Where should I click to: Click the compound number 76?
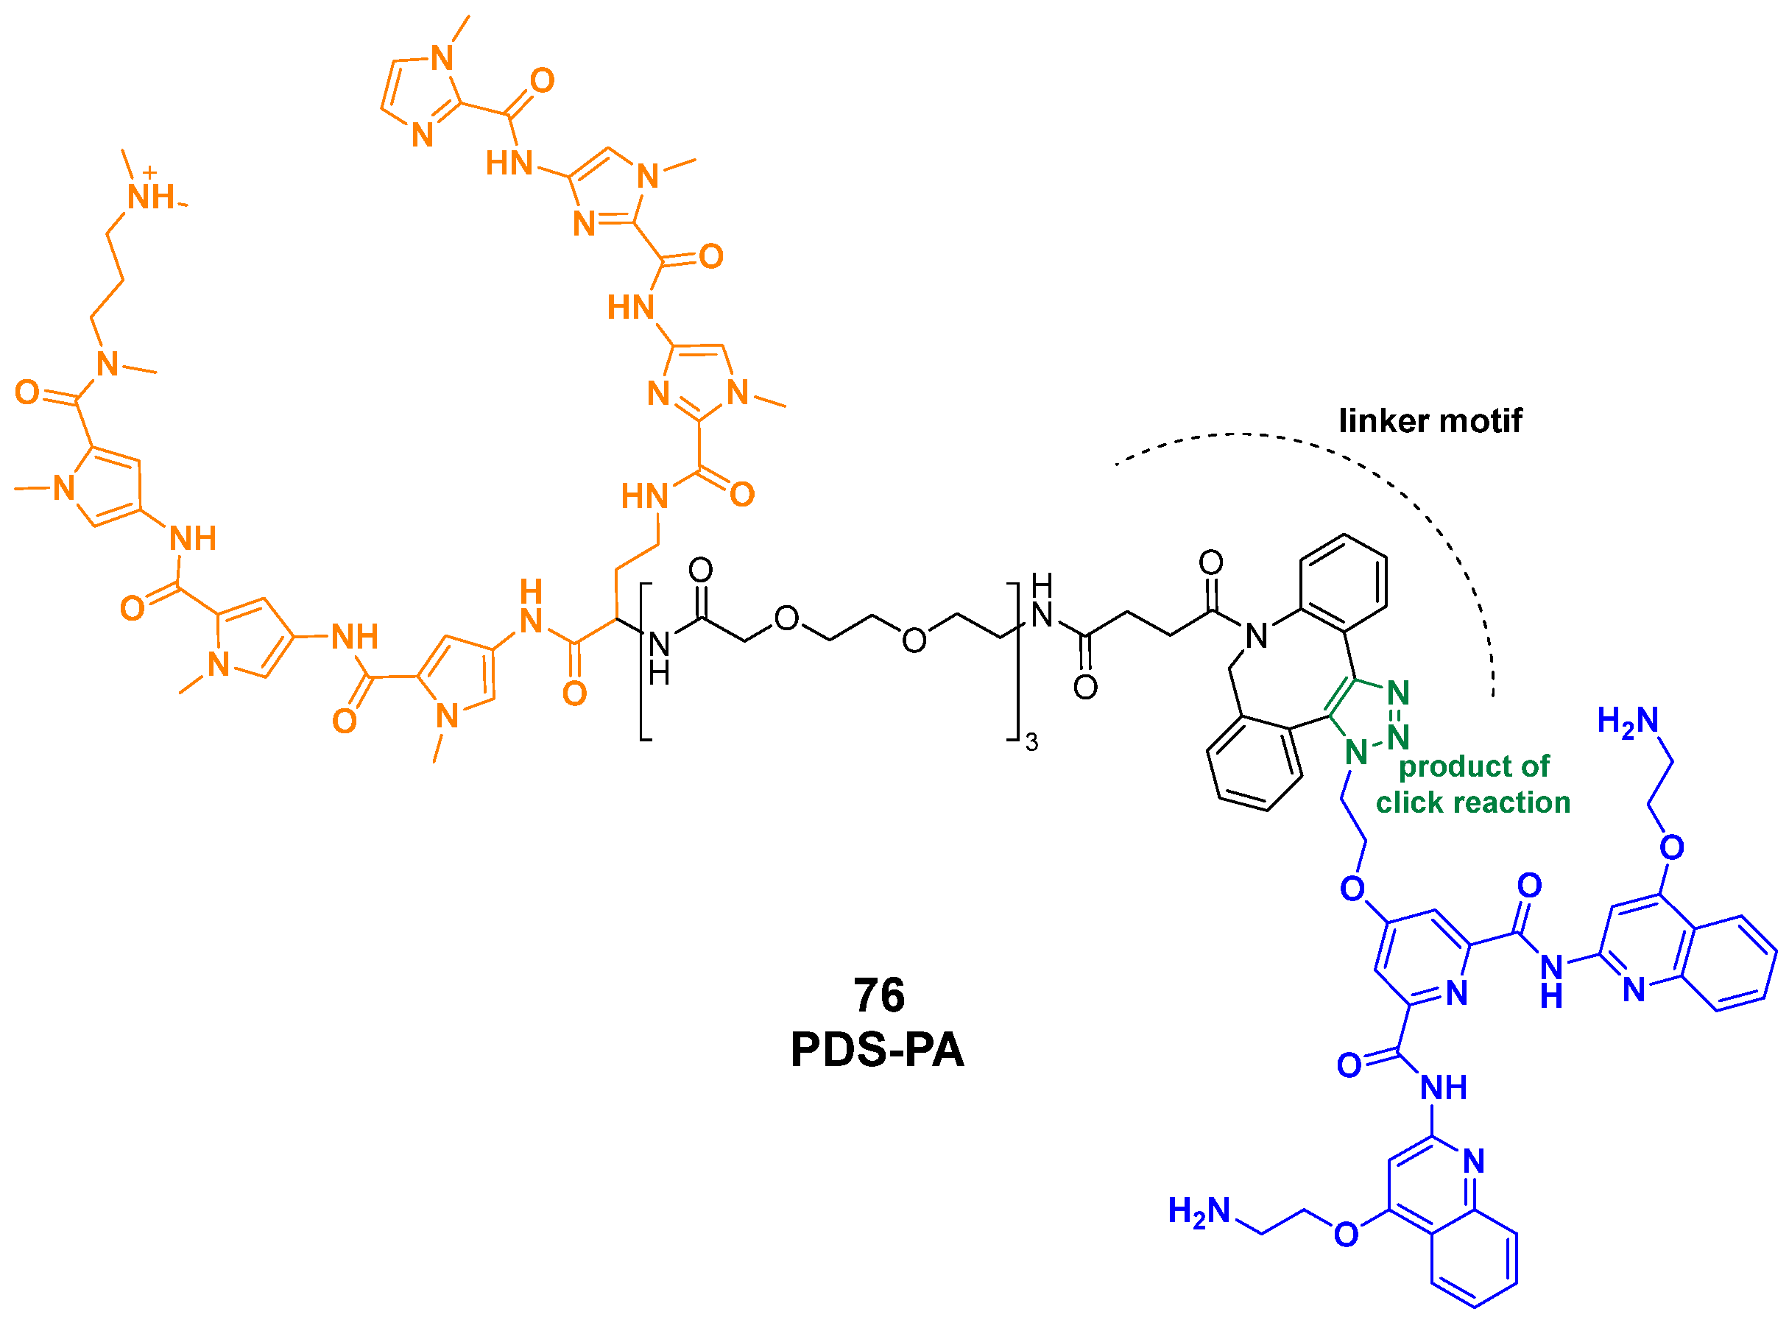(879, 995)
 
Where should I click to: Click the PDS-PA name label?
(878, 1050)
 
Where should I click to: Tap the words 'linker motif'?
(1430, 421)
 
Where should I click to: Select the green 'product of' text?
(1474, 766)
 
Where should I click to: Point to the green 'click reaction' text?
(1472, 802)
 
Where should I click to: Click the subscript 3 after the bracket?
(1031, 743)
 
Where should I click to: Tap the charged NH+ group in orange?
(151, 194)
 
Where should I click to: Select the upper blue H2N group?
(1628, 721)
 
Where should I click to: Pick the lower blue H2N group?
(1199, 1211)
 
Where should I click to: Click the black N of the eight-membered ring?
(1257, 636)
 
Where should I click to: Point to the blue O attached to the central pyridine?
(1352, 889)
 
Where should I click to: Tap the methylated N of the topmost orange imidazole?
(442, 58)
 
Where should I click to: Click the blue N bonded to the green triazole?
(1356, 752)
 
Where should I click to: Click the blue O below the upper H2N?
(1671, 847)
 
